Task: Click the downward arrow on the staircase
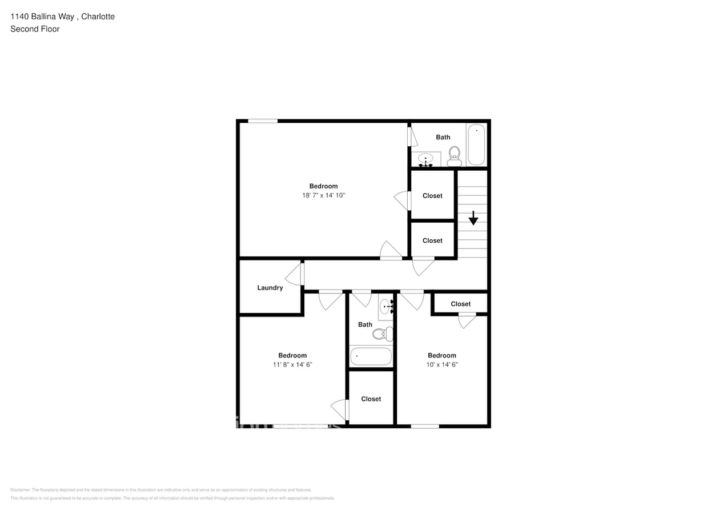click(x=473, y=218)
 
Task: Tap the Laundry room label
click(x=270, y=288)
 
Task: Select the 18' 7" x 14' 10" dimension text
click(x=324, y=195)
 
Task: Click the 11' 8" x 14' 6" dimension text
click(x=292, y=364)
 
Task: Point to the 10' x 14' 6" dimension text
click(x=442, y=364)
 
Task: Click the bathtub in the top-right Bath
click(x=476, y=145)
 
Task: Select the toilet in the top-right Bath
click(x=455, y=155)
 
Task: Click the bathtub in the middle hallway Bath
click(x=371, y=356)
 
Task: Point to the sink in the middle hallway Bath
click(x=386, y=306)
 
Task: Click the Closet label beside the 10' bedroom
click(x=460, y=304)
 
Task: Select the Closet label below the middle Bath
click(x=371, y=399)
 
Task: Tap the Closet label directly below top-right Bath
click(x=432, y=196)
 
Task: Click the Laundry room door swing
click(x=295, y=274)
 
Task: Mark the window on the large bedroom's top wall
click(x=263, y=121)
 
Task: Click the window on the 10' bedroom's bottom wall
click(x=425, y=426)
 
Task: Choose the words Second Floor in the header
click(x=35, y=29)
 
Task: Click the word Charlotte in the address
click(x=98, y=17)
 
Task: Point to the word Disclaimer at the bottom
click(x=20, y=490)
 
